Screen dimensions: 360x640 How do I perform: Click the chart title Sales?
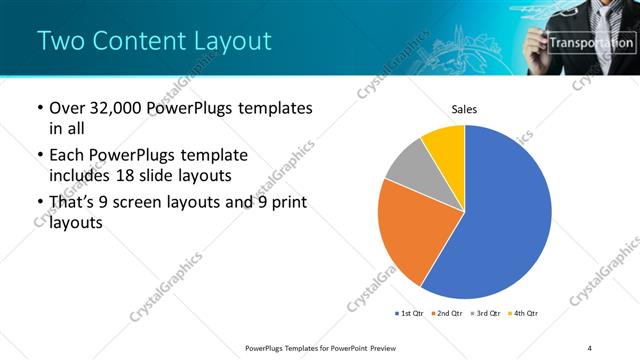tap(465, 107)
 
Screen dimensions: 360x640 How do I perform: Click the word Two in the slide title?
tap(61, 41)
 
